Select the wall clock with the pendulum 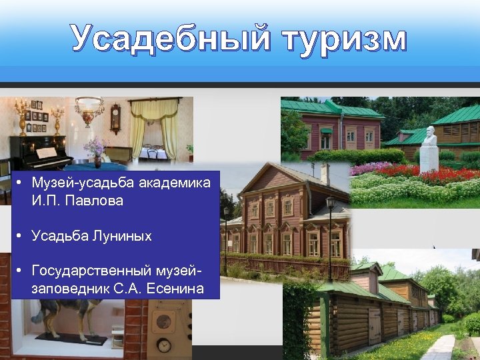(x=115, y=119)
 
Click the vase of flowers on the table (x=97, y=150)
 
